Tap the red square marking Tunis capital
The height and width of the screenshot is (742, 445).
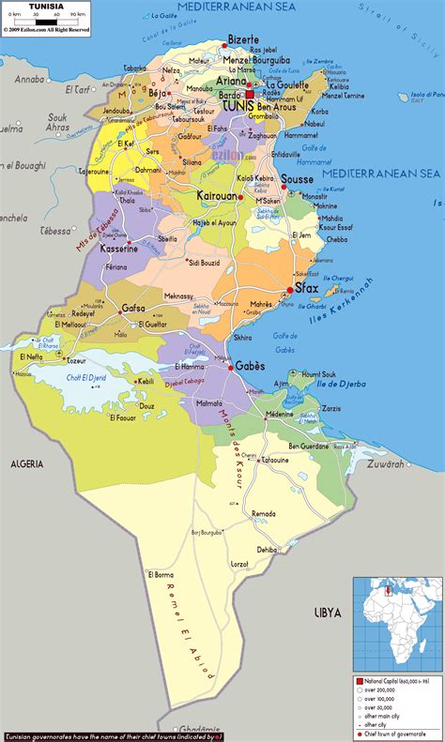[251, 94]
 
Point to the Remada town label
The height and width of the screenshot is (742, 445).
[264, 514]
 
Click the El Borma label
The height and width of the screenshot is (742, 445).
[161, 574]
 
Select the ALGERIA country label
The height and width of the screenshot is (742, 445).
[27, 463]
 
